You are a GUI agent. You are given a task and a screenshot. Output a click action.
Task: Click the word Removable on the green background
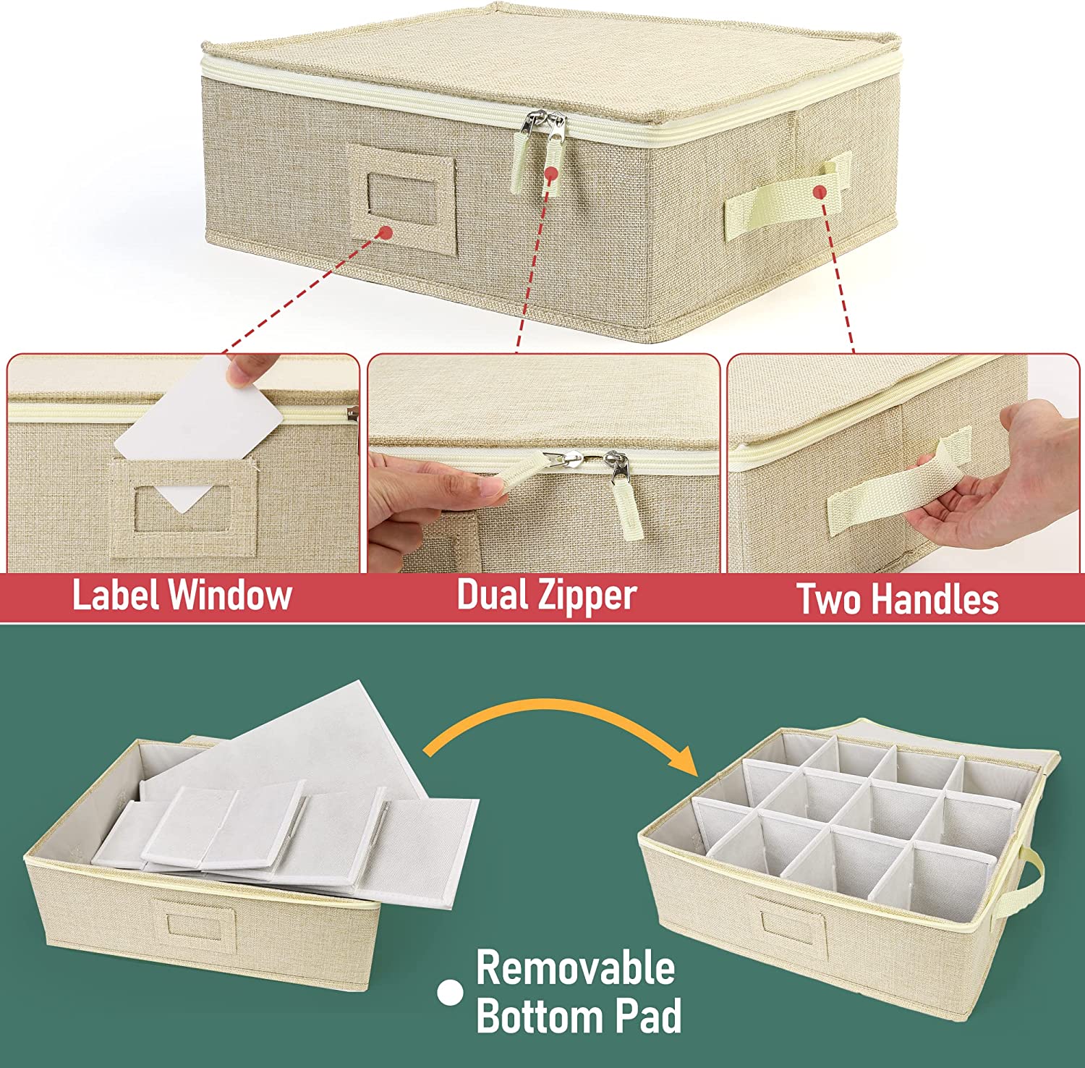pos(575,968)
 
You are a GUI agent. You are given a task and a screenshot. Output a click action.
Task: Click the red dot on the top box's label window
pos(386,232)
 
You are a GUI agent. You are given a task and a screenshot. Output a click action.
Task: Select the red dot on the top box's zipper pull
pos(551,174)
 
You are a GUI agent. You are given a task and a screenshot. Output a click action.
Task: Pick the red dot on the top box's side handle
pos(820,191)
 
